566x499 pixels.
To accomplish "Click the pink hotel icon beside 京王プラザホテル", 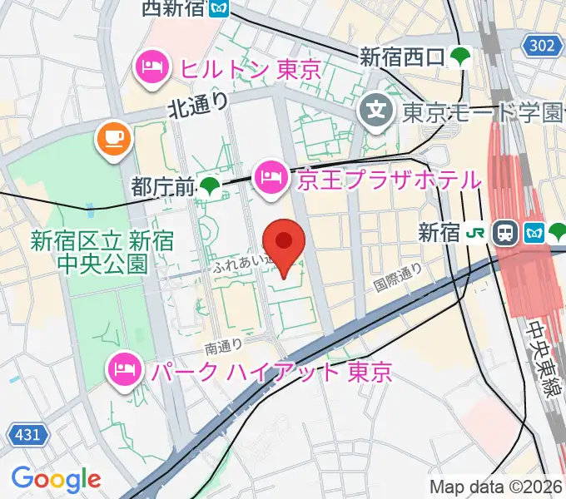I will pyautogui.click(x=272, y=177).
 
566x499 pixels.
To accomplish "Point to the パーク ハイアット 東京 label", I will pyautogui.click(x=271, y=371).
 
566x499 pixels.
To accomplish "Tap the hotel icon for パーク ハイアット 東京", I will pyautogui.click(x=126, y=371).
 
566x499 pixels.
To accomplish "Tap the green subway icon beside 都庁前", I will pyautogui.click(x=210, y=188).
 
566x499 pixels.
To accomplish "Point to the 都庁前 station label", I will pyautogui.click(x=161, y=188).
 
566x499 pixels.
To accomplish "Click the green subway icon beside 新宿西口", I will pyautogui.click(x=459, y=57).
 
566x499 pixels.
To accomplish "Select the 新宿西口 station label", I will pyautogui.click(x=401, y=57).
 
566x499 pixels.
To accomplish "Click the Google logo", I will pyautogui.click(x=56, y=478).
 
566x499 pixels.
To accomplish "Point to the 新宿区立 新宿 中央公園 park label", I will pyautogui.click(x=102, y=253).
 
